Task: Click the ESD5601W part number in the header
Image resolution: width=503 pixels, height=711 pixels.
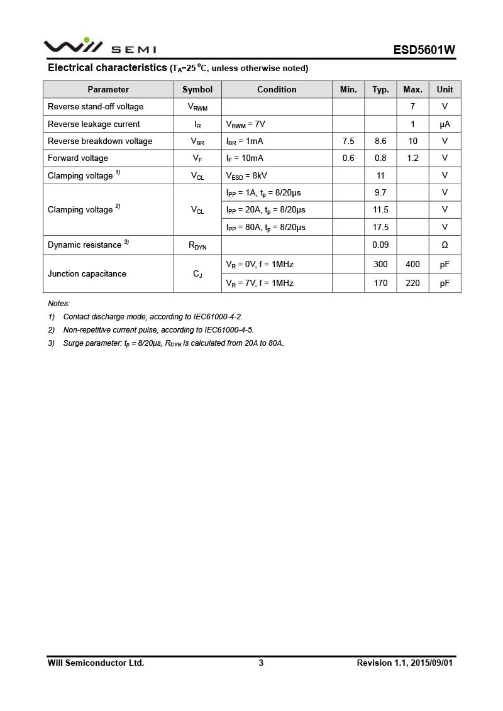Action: coord(424,50)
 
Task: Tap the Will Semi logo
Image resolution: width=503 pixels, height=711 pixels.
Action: coord(99,47)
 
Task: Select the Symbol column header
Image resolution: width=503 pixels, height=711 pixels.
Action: coord(197,89)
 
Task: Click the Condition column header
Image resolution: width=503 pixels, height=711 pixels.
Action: coord(277,89)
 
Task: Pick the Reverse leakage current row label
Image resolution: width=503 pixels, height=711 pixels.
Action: coord(94,124)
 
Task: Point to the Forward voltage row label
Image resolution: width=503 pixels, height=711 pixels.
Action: coord(78,158)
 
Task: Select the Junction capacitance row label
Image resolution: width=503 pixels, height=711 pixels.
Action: coord(87,273)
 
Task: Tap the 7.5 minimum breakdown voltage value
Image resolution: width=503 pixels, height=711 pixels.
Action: coord(348,141)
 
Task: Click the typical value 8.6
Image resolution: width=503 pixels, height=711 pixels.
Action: coord(380,141)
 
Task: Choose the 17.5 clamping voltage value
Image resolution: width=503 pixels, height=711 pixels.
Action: coord(380,227)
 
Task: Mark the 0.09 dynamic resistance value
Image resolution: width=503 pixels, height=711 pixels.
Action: coord(380,245)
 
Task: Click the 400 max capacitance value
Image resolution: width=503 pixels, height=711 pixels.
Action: coord(412,264)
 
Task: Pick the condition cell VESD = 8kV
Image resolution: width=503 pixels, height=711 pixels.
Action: coord(250,176)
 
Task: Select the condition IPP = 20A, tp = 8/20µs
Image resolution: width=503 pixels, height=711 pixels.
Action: coord(265,210)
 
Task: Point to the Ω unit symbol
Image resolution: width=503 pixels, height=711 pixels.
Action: coord(445,245)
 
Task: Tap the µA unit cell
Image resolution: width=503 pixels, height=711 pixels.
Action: coord(445,124)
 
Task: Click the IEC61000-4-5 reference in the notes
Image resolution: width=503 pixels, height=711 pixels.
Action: coord(229,329)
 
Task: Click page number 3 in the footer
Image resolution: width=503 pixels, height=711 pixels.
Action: coord(261,663)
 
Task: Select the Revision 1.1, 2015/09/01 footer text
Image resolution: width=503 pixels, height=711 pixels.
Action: coord(404,663)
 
